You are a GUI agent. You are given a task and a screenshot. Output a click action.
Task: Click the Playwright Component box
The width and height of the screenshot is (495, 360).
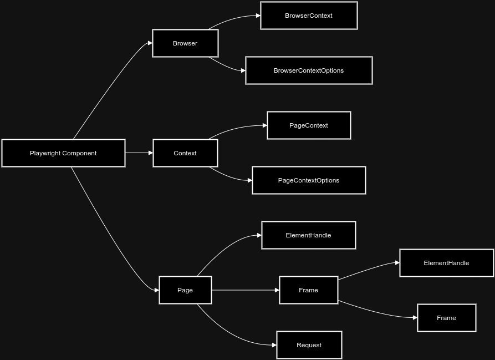point(63,153)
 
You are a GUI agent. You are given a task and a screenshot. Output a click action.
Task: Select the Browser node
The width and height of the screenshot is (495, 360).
point(185,43)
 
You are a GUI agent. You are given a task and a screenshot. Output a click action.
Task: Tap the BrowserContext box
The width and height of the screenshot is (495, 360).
point(309,16)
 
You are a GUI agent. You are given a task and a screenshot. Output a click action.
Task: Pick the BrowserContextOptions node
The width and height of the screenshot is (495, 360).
point(309,70)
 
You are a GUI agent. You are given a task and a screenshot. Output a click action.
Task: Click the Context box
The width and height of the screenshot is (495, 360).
point(185,153)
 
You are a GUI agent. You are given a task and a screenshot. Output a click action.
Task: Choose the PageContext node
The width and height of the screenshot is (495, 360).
point(309,125)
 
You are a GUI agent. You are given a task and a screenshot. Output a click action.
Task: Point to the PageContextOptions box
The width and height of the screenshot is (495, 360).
point(309,180)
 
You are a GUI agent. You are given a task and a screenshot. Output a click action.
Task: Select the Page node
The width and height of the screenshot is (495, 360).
point(185,290)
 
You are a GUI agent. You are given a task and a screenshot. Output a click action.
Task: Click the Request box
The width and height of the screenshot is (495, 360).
point(309,345)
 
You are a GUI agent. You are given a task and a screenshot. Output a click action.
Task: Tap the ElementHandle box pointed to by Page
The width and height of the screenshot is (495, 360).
point(308,235)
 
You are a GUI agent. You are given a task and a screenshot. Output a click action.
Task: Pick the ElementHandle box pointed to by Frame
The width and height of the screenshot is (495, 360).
point(446,263)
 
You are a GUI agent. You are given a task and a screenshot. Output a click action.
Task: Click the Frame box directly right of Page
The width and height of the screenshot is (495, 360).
point(308,290)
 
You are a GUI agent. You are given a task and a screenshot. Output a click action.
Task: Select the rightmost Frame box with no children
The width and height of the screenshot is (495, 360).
point(446,318)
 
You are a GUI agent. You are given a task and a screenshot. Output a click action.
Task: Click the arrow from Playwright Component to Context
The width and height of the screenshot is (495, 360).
point(139,153)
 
